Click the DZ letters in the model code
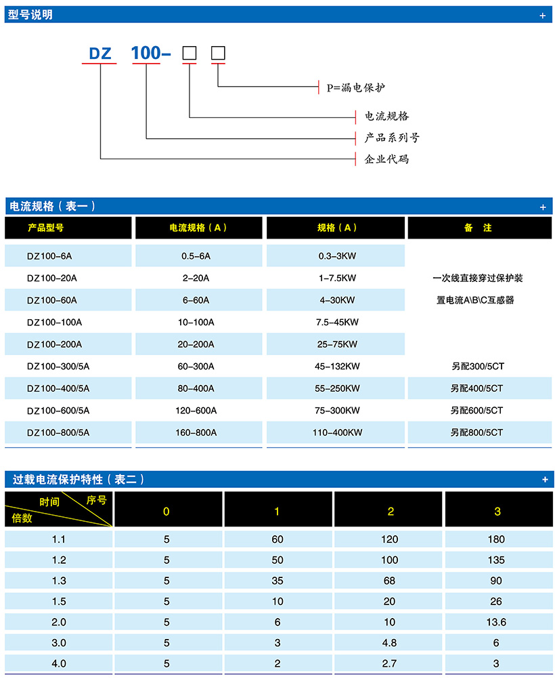click(x=99, y=53)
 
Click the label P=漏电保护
click(x=355, y=87)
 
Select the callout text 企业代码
click(x=386, y=159)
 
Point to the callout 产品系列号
click(x=392, y=138)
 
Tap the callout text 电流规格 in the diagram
click(x=386, y=116)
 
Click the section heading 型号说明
click(x=30, y=14)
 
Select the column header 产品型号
click(x=46, y=228)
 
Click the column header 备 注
click(x=478, y=228)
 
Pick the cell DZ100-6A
click(x=49, y=256)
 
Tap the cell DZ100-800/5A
click(x=58, y=432)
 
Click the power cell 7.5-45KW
click(x=337, y=322)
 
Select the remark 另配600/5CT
click(x=477, y=410)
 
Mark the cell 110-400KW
click(x=337, y=432)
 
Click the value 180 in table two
click(x=496, y=539)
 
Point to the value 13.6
click(x=496, y=622)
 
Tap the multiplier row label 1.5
click(x=60, y=602)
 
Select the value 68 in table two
click(x=390, y=581)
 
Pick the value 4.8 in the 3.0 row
click(x=390, y=643)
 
